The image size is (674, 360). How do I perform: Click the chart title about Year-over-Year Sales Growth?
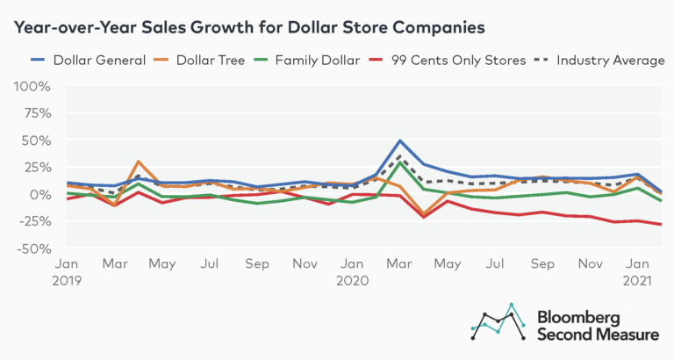[x=248, y=27]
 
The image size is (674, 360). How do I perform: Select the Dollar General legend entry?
[x=76, y=60]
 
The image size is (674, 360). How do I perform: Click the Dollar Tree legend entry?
[x=197, y=60]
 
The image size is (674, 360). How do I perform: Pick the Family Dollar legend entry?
[x=312, y=60]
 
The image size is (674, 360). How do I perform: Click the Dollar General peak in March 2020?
[x=400, y=140]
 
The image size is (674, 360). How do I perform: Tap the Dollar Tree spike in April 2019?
[x=139, y=162]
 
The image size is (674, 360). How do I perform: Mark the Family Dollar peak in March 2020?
[x=400, y=162]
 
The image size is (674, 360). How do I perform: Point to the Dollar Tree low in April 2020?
[x=424, y=213]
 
